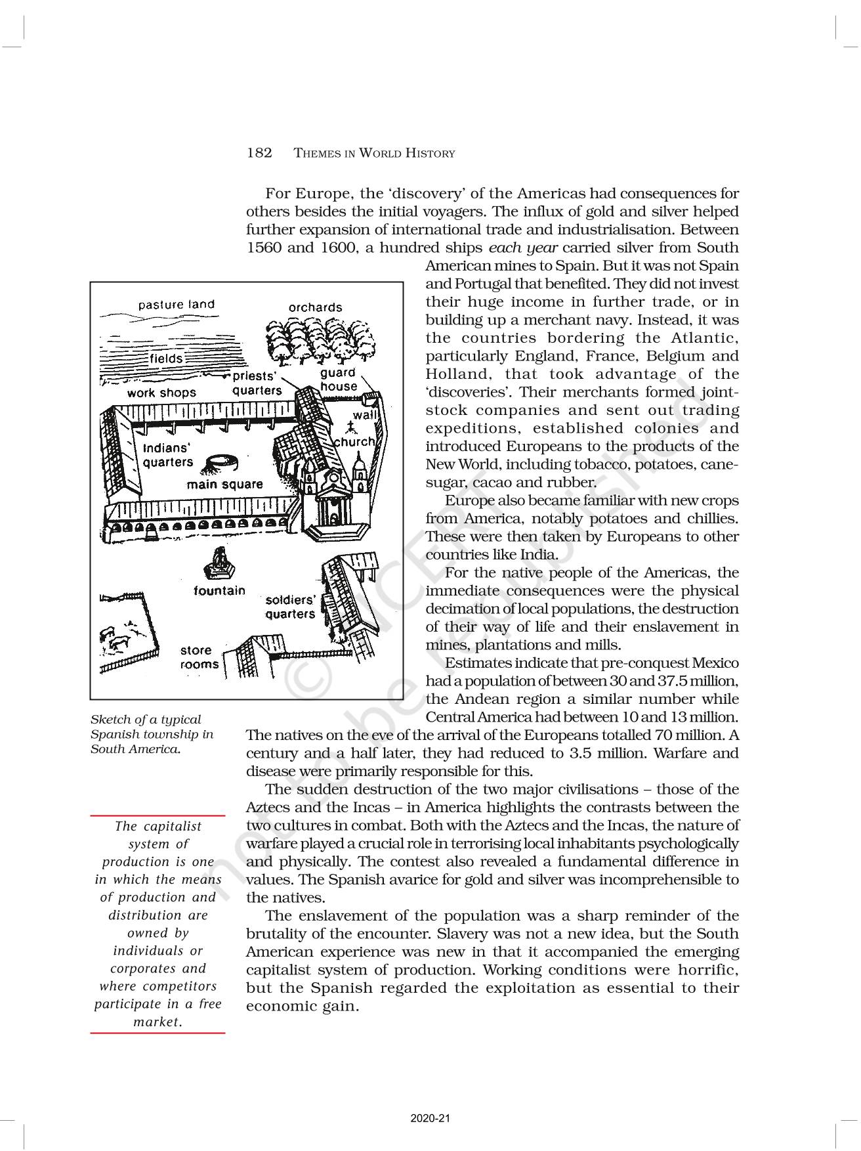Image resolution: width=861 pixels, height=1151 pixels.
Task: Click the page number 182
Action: (259, 153)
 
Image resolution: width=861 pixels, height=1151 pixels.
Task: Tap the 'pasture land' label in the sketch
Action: (176, 305)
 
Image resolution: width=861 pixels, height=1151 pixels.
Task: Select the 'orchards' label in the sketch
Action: (315, 307)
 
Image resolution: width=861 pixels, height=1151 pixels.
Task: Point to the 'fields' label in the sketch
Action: (167, 358)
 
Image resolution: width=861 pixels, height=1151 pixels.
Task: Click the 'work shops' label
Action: (161, 393)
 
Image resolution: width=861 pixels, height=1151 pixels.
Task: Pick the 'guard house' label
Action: (339, 380)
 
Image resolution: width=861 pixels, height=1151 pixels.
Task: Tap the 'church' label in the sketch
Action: (354, 442)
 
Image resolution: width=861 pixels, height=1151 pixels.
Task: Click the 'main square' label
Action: (224, 485)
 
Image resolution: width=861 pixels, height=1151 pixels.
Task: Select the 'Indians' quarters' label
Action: (167, 455)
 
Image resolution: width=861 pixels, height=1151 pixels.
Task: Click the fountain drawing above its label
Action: (220, 564)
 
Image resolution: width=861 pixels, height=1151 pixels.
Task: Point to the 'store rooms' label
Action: (199, 657)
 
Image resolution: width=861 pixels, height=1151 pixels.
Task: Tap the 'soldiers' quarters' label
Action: (290, 607)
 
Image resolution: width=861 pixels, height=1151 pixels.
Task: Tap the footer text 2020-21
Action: (430, 1118)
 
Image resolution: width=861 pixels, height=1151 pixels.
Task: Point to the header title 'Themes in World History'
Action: (374, 154)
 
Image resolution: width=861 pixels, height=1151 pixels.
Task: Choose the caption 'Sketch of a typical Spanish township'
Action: (152, 734)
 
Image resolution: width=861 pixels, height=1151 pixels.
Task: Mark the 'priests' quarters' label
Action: (257, 383)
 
